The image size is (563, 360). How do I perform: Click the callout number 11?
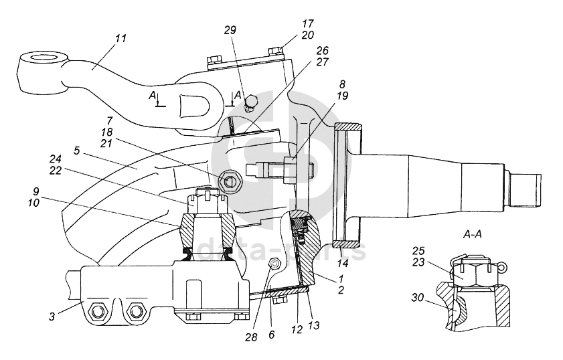tap(120, 39)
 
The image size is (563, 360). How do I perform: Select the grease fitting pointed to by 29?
tap(252, 102)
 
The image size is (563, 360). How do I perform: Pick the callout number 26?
tap(323, 50)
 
